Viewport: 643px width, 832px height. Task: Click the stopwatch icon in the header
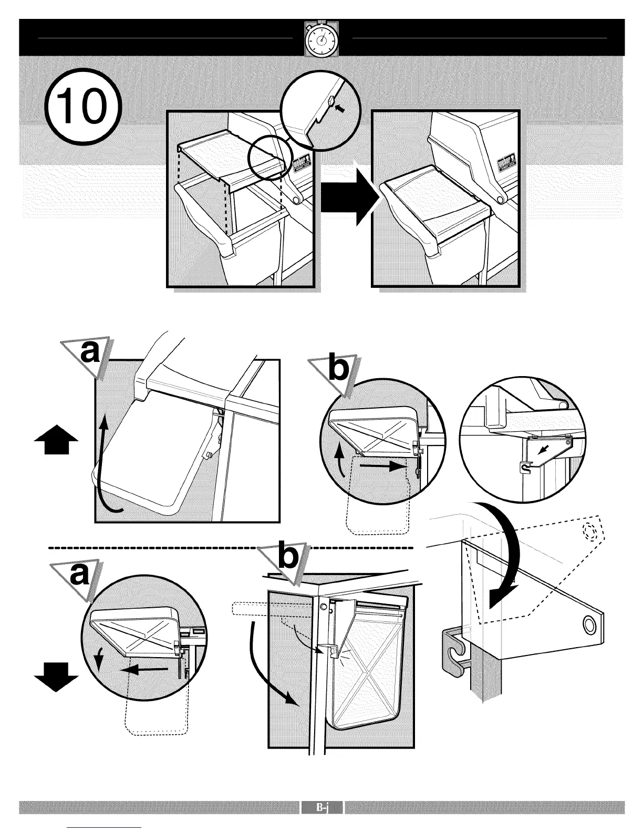[321, 38]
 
